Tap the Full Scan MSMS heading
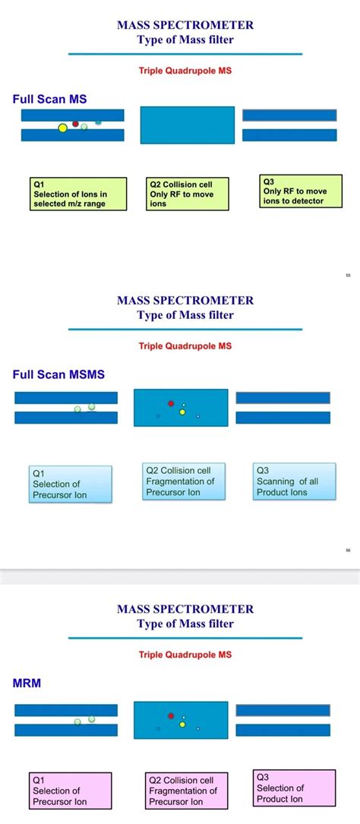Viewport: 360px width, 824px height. (58, 374)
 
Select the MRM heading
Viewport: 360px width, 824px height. (27, 683)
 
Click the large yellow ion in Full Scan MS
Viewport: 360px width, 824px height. (62, 128)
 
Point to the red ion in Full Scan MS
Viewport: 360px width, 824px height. (75, 123)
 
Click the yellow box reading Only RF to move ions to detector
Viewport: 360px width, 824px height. (298, 191)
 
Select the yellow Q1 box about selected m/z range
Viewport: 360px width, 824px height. (78, 194)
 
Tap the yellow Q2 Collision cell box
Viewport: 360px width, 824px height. (187, 194)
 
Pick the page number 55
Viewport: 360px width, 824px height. (348, 276)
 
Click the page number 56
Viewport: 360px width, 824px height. (348, 551)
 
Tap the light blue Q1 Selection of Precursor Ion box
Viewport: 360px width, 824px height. (71, 484)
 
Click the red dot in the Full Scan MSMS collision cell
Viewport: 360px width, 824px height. (171, 403)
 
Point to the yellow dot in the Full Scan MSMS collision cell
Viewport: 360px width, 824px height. (182, 412)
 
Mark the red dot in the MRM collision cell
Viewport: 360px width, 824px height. (171, 715)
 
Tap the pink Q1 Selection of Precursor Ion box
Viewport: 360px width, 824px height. (71, 791)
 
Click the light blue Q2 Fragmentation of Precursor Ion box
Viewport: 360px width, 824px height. (185, 481)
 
